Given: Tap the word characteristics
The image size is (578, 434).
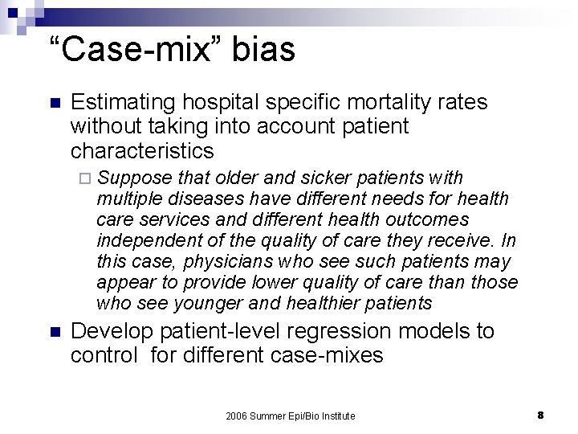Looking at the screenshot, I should point(143,150).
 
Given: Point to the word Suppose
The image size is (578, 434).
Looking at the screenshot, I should point(131,178).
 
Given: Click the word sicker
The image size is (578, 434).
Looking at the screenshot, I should point(321,178).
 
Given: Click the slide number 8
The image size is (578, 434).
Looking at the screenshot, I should point(541,415).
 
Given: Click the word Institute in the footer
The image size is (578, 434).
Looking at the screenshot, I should point(336,416).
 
